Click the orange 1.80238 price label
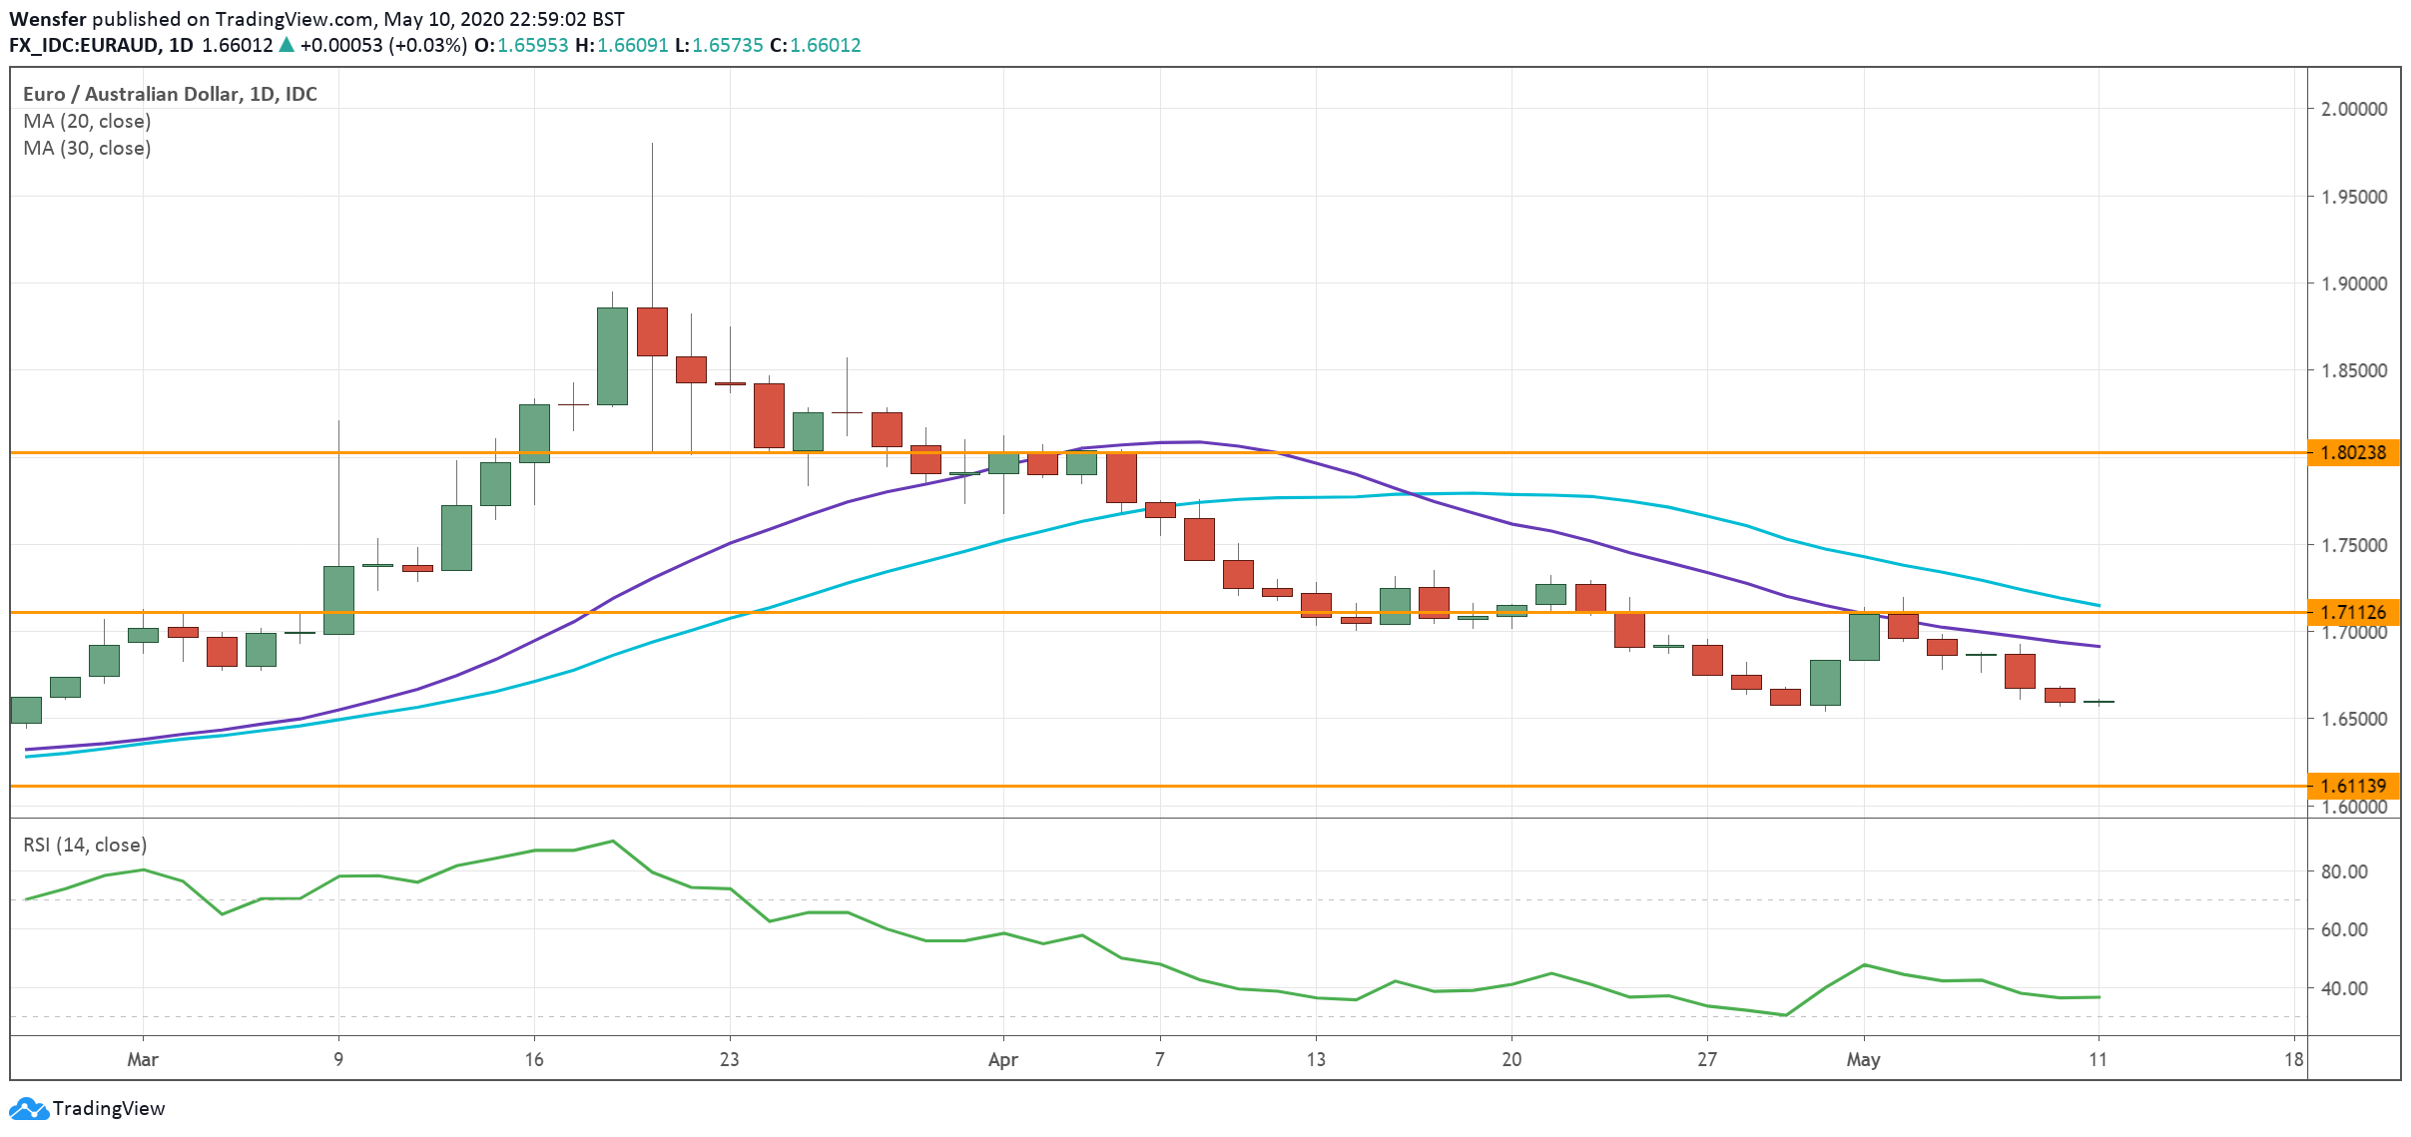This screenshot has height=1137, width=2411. pyautogui.click(x=2353, y=452)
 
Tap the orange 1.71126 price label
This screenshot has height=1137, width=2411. pyautogui.click(x=2353, y=612)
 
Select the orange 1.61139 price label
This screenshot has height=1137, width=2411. pyautogui.click(x=2353, y=786)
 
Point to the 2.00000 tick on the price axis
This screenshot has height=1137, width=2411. pyautogui.click(x=2354, y=109)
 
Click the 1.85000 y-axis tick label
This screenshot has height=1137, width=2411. pyautogui.click(x=2354, y=370)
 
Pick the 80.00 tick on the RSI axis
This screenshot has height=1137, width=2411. pyautogui.click(x=2343, y=871)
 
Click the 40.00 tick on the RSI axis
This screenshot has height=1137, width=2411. pyautogui.click(x=2343, y=988)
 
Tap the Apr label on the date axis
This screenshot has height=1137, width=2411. pyautogui.click(x=1002, y=1059)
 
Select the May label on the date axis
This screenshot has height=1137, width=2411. pyautogui.click(x=1863, y=1059)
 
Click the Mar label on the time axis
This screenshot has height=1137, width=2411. pyautogui.click(x=143, y=1059)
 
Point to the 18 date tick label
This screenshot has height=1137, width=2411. pyautogui.click(x=2293, y=1059)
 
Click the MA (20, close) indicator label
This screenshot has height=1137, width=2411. pyautogui.click(x=87, y=121)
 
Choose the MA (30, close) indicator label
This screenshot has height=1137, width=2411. pyautogui.click(x=87, y=148)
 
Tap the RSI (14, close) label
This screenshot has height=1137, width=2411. pyautogui.click(x=85, y=845)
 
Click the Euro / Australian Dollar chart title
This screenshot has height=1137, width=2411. pyautogui.click(x=170, y=94)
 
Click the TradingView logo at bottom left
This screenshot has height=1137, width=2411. pyautogui.click(x=87, y=1108)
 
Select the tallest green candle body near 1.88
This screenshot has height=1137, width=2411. pyautogui.click(x=612, y=356)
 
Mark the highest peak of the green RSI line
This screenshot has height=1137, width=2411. pyautogui.click(x=613, y=841)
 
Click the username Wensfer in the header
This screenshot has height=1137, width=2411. pyautogui.click(x=48, y=19)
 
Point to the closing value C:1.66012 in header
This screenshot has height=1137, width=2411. pyautogui.click(x=815, y=45)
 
